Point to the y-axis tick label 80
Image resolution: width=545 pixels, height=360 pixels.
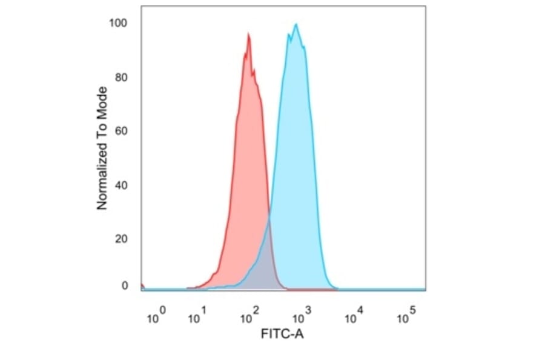(121, 77)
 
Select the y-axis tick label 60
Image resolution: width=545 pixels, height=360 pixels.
(121, 130)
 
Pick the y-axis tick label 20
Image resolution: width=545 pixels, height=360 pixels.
(121, 238)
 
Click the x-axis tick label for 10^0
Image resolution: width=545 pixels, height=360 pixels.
(156, 316)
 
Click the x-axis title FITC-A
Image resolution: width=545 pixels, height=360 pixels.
(282, 334)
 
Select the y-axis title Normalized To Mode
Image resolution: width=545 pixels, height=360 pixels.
(102, 148)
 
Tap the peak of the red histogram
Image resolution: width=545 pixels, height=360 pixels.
(248, 35)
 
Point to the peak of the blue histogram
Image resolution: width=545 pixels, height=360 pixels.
(296, 25)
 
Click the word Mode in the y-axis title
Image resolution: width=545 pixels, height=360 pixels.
(102, 102)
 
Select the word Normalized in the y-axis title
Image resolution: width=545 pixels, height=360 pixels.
(102, 180)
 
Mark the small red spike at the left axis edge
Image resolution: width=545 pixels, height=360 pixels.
(142, 285)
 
